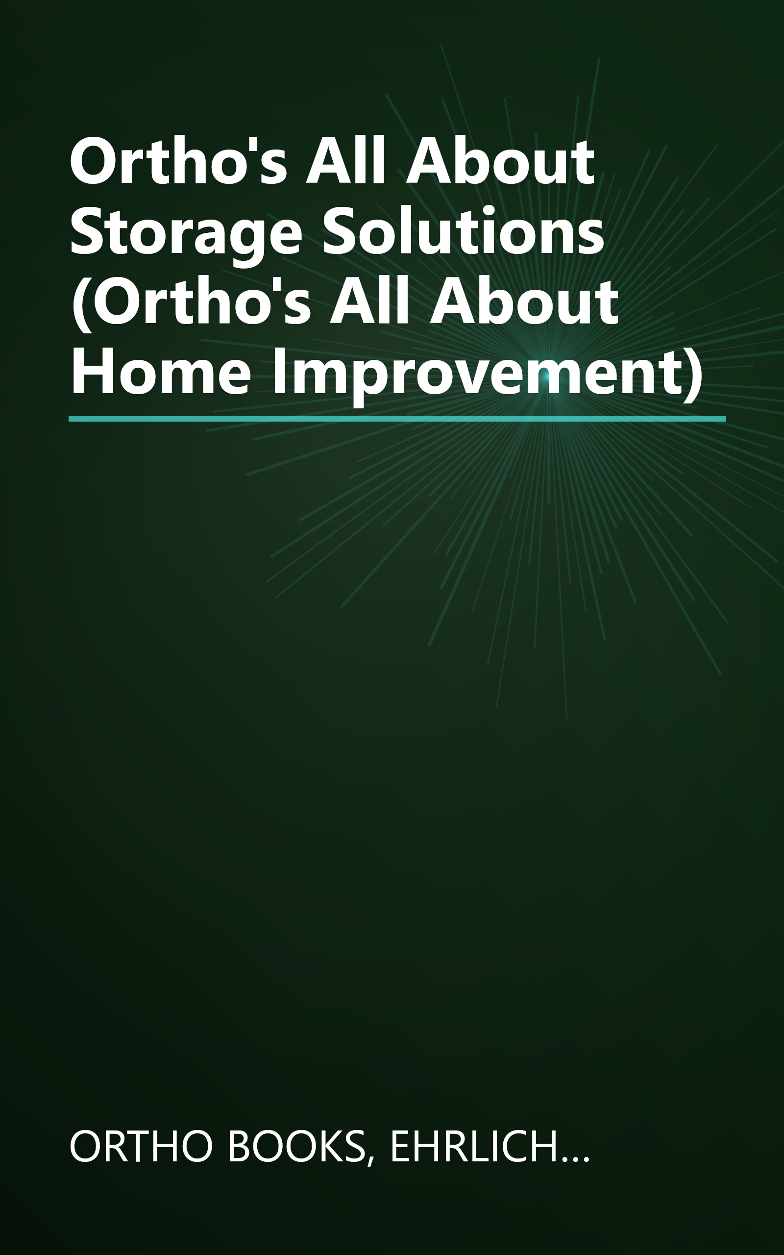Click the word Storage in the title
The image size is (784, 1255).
click(x=186, y=232)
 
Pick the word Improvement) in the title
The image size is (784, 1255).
click(x=488, y=374)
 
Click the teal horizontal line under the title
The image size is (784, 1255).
click(x=397, y=419)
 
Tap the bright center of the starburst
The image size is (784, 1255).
click(x=544, y=377)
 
